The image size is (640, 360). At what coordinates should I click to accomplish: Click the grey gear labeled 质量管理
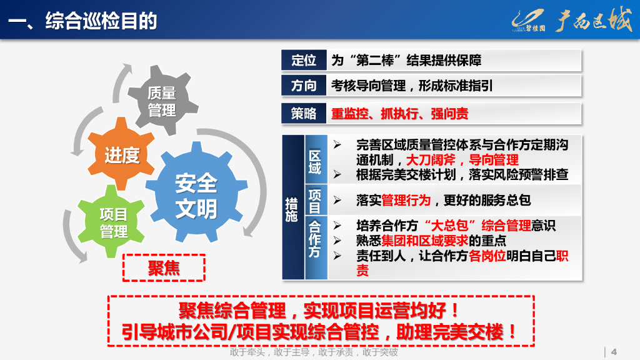[x=162, y=102]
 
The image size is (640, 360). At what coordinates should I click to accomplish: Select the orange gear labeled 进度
[x=122, y=155]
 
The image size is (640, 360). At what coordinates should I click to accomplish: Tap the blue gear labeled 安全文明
[x=196, y=196]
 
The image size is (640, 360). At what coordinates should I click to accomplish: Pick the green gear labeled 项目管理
[x=114, y=223]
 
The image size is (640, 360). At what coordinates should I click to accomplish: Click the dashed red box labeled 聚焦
[x=164, y=268]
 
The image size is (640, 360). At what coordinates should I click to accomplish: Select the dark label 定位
[x=304, y=61]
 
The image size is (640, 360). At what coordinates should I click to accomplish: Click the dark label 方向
[x=304, y=86]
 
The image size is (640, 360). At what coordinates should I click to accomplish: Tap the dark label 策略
[x=304, y=114]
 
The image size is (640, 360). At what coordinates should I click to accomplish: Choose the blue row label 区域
[x=316, y=161]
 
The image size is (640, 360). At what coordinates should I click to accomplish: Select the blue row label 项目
[x=316, y=201]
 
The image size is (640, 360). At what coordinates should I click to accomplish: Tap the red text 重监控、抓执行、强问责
[x=400, y=114]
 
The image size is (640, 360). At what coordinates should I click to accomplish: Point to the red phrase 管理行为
[x=406, y=200]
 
